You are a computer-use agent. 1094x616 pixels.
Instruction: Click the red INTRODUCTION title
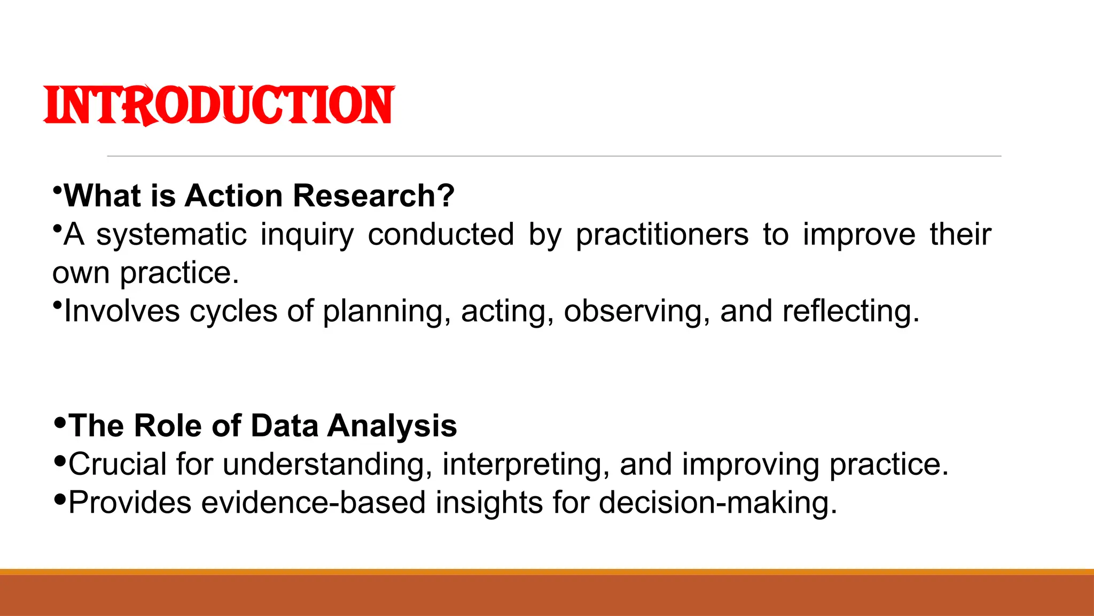coord(219,105)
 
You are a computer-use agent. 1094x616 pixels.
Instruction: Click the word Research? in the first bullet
coord(373,196)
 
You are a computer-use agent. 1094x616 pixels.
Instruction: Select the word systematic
coord(171,234)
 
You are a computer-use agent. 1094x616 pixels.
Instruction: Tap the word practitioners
coord(662,234)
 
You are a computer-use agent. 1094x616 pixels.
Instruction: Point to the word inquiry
coord(307,235)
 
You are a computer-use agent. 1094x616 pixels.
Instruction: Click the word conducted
coord(441,234)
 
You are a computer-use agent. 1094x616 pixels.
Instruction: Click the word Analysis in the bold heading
coord(392,426)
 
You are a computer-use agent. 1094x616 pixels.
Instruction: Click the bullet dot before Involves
coord(57,305)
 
